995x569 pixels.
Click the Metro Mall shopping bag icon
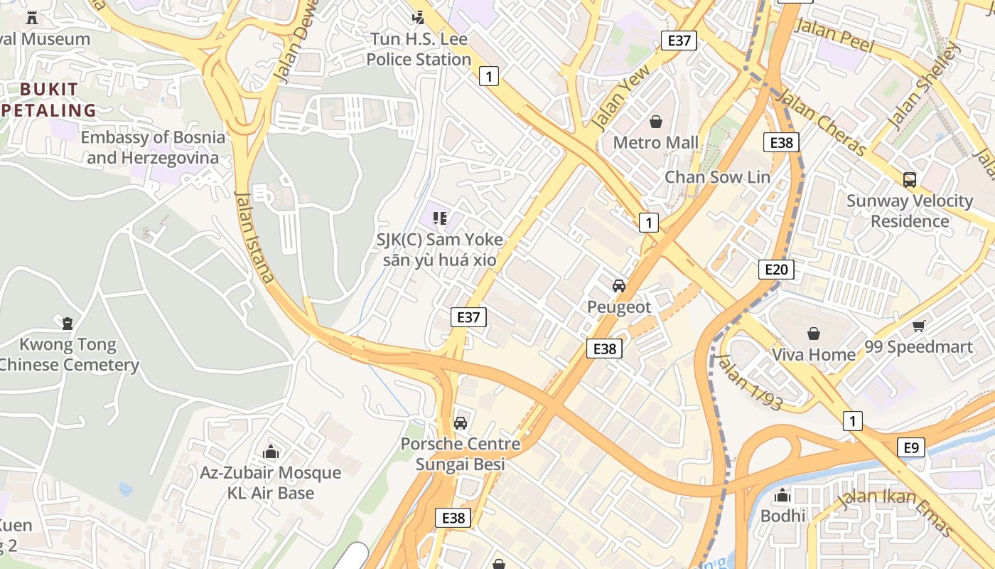pyautogui.click(x=656, y=122)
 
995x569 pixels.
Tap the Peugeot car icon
pyautogui.click(x=619, y=286)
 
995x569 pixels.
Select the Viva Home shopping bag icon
pyautogui.click(x=814, y=333)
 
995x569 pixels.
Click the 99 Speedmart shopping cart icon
pyautogui.click(x=918, y=326)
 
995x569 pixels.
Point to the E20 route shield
pyautogui.click(x=775, y=270)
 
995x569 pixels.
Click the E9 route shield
pyautogui.click(x=911, y=447)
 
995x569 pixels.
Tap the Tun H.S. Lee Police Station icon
pyautogui.click(x=419, y=17)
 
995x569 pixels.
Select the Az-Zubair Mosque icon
pyautogui.click(x=270, y=452)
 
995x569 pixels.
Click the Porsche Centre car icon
pyautogui.click(x=461, y=422)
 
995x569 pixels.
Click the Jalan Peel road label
pyautogui.click(x=835, y=35)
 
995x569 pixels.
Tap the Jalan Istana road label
pyautogui.click(x=254, y=236)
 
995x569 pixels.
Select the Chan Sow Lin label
pyautogui.click(x=717, y=177)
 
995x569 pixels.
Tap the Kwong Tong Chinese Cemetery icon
pyautogui.click(x=68, y=324)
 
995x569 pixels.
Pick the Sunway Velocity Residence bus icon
pyautogui.click(x=909, y=179)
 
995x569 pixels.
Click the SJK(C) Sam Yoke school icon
pyautogui.click(x=440, y=218)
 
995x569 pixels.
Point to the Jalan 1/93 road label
pyautogui.click(x=749, y=382)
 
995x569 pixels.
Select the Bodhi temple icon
pyautogui.click(x=783, y=494)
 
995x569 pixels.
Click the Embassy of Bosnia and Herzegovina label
pyautogui.click(x=153, y=147)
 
